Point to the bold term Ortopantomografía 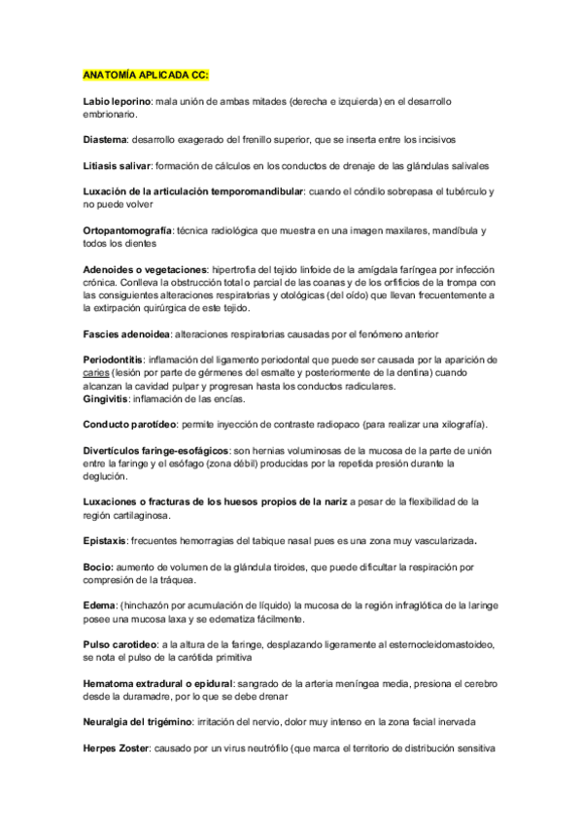tap(127, 230)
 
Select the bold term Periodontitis tap(115, 360)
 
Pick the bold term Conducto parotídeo tap(129, 425)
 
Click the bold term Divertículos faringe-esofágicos tap(156, 451)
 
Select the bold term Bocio tap(100, 566)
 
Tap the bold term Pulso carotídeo tap(120, 643)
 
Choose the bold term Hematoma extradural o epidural tap(158, 683)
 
